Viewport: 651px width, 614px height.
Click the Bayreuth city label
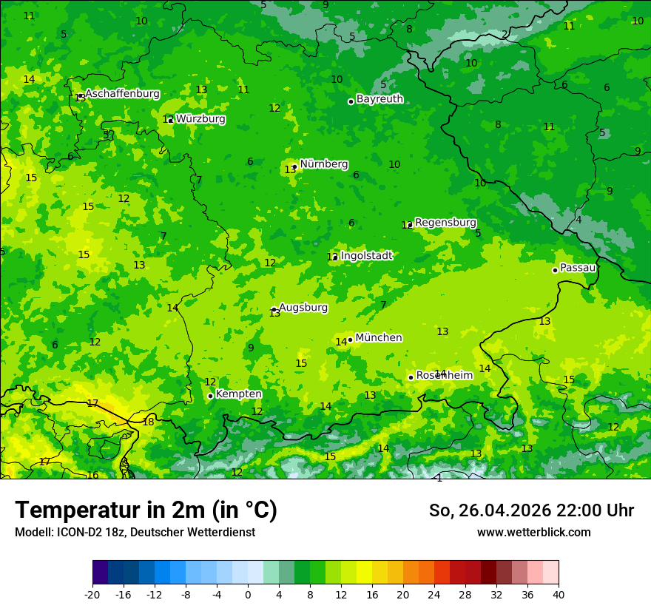(380, 98)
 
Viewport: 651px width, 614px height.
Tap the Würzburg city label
(200, 118)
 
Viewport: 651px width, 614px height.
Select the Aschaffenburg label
(122, 94)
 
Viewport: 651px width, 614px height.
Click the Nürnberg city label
(324, 164)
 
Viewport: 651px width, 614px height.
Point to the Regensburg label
(445, 222)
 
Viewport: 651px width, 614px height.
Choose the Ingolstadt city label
(366, 256)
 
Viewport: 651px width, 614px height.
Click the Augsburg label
(303, 307)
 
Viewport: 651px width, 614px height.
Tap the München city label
(379, 337)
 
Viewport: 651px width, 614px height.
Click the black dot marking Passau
(555, 270)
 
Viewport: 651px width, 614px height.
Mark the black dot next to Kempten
(210, 396)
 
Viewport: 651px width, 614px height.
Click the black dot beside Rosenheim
(411, 377)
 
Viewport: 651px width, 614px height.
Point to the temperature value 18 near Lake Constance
(149, 422)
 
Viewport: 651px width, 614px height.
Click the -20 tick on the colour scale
(92, 595)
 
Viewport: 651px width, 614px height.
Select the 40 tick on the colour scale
(559, 595)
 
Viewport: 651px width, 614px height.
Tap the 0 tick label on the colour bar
(248, 595)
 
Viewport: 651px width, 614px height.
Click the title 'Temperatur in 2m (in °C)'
(146, 510)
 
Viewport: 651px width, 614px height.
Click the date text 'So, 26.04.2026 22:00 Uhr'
(531, 510)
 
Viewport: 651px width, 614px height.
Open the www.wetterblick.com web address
(533, 533)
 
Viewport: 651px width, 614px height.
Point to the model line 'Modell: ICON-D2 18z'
(135, 533)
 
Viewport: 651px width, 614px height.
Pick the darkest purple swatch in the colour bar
(100, 573)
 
